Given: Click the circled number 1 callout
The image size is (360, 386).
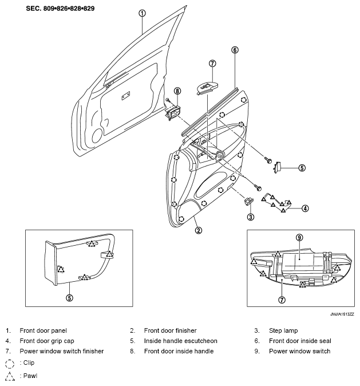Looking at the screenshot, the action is click(142, 13).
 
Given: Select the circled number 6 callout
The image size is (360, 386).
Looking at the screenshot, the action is click(235, 50).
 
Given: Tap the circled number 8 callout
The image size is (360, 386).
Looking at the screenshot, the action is click(177, 91).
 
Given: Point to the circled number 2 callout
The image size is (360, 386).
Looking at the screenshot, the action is click(199, 230).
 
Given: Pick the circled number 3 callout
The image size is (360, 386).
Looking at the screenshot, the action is click(251, 217).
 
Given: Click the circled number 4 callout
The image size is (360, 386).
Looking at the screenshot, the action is click(305, 208).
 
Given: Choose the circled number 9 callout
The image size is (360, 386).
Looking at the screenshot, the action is click(299, 238).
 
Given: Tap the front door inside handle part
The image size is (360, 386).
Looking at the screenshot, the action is click(173, 112).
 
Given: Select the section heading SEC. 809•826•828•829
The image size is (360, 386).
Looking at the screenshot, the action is click(60, 9).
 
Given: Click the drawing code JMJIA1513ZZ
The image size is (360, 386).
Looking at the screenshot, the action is click(342, 314).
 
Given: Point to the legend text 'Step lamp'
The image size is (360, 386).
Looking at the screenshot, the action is click(283, 330).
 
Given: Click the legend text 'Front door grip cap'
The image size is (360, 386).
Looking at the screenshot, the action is click(47, 341).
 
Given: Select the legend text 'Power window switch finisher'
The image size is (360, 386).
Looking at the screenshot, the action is click(61, 351).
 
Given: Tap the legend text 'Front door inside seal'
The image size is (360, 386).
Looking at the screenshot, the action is click(300, 341).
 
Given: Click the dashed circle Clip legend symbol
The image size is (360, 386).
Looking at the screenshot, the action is click(10, 363).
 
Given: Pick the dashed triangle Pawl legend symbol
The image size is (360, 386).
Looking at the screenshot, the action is click(10, 376).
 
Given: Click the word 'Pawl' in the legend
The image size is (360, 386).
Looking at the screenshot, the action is click(30, 376).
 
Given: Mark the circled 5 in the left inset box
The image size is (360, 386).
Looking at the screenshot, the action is click(69, 298).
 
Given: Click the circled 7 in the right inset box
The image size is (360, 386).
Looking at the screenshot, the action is click(282, 300).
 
